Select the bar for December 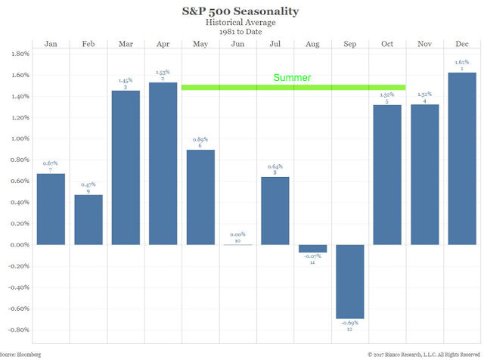[462, 158]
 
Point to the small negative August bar [313, 248]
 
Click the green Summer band [227, 87]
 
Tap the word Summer [293, 78]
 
